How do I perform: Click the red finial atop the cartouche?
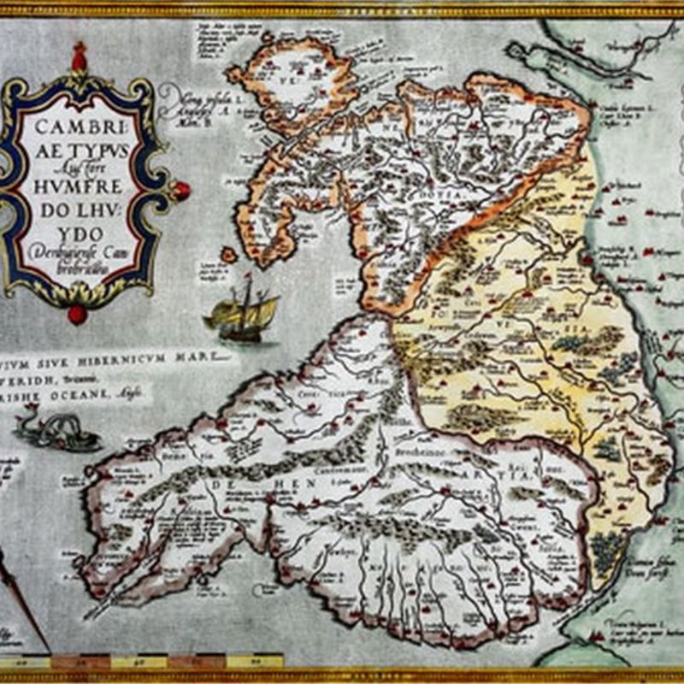click(80, 58)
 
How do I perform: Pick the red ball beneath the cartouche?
click(78, 314)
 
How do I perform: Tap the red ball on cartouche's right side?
click(180, 190)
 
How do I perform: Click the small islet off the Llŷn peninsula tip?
click(228, 255)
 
